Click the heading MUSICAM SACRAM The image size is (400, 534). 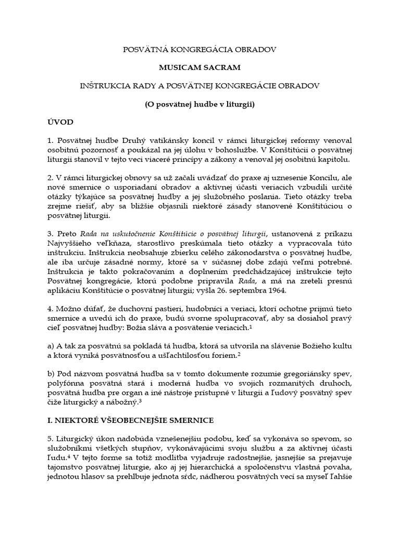[x=199, y=68]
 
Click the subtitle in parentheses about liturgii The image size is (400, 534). [x=199, y=103]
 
